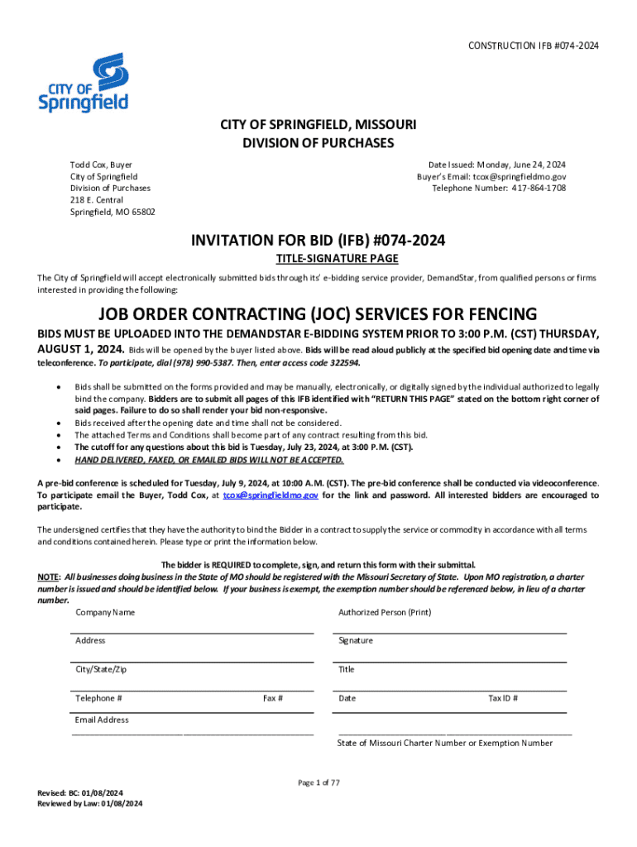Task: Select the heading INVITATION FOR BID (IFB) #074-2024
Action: (318, 241)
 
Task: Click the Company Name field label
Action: (105, 613)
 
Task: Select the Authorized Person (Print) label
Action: (385, 613)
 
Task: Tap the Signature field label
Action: (356, 641)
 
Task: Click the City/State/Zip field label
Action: (101, 669)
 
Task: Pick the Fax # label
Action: (273, 698)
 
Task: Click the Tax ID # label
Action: (503, 698)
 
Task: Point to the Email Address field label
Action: (102, 720)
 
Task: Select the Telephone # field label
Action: (99, 698)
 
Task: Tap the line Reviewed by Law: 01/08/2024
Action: (90, 803)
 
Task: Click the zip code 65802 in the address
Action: (142, 212)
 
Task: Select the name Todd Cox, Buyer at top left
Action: (100, 165)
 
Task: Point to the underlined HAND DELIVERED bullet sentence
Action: (208, 460)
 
